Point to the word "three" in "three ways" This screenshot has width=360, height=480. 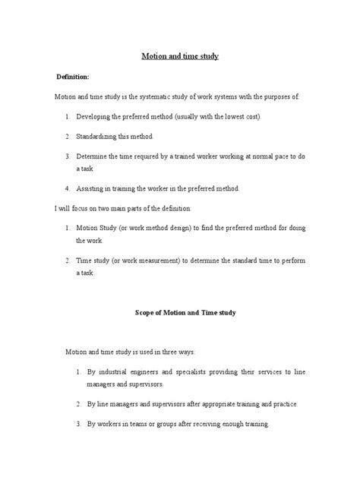tap(167, 352)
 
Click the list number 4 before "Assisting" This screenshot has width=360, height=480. tap(68, 188)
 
